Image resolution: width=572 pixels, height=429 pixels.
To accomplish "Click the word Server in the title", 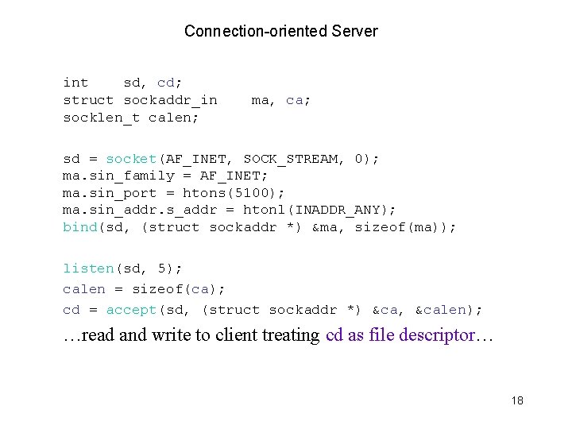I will coord(355,32).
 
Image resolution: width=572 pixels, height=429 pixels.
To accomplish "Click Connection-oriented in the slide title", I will coord(256,32).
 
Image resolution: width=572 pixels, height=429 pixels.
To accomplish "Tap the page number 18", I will coord(517,401).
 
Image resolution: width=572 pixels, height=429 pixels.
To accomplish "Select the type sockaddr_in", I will coord(170,100).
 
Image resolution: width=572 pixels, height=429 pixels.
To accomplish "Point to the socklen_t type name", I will coord(102,118).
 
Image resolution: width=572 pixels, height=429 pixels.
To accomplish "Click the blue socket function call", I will coord(131,159).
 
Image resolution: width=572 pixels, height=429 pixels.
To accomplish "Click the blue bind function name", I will coord(79,227).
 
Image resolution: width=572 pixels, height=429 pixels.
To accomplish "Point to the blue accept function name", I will coord(132,310).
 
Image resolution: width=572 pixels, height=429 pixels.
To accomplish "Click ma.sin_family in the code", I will coord(118,176).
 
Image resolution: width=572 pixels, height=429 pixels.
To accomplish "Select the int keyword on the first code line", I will coord(75,83).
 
